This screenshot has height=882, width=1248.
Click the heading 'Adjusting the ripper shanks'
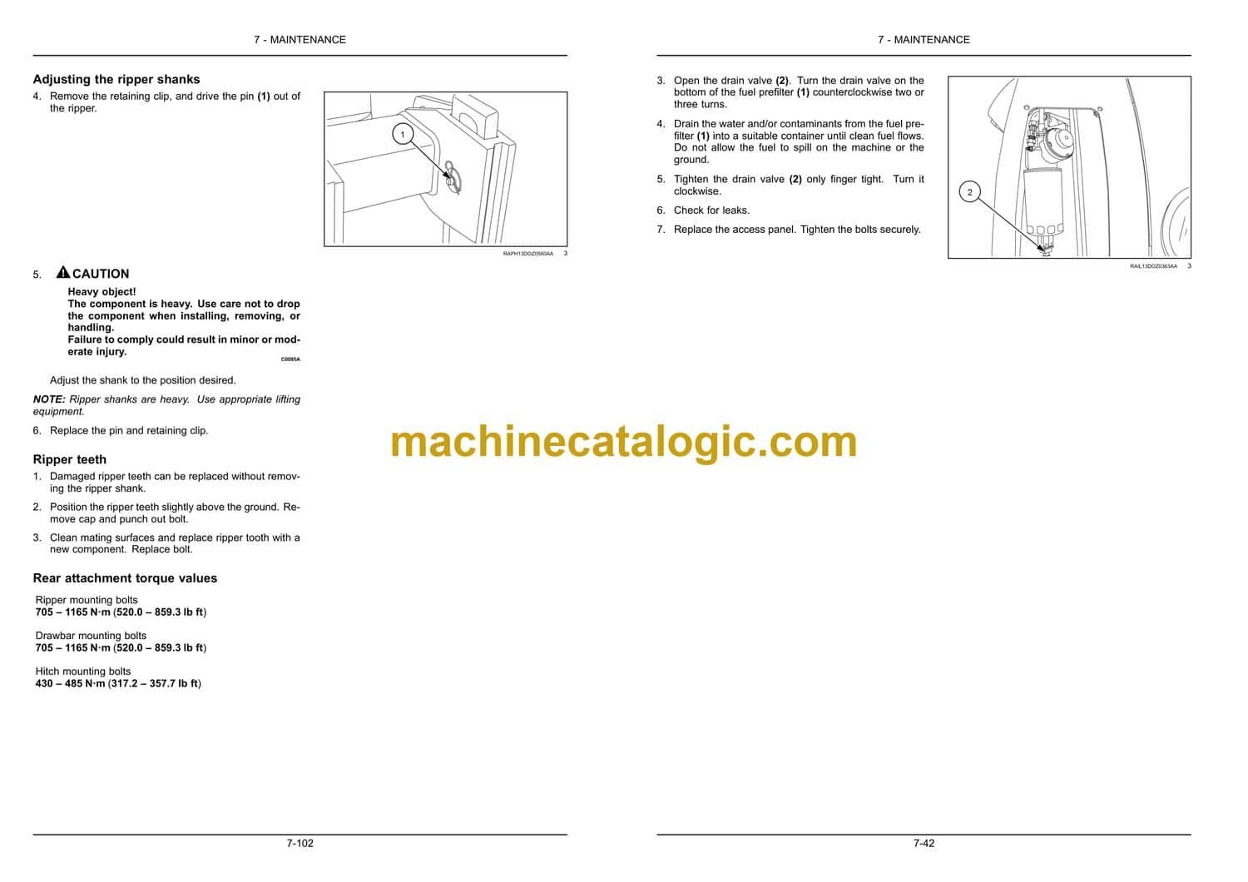tap(116, 79)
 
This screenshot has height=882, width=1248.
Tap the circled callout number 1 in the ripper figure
tap(402, 134)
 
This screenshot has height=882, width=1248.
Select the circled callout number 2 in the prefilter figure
tap(969, 192)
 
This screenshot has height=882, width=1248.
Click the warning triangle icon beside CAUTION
tap(63, 272)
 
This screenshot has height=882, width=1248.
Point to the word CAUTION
tap(101, 274)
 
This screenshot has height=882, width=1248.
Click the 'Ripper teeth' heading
tap(70, 459)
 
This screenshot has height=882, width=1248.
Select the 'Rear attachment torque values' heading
tap(125, 578)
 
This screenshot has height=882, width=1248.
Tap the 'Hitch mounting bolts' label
tap(83, 671)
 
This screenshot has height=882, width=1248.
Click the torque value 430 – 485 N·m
tap(70, 684)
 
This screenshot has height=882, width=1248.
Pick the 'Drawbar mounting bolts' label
tap(91, 636)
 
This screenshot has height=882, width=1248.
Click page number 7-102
tap(300, 844)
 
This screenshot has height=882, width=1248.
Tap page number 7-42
tap(924, 844)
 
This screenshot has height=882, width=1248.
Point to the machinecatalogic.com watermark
tap(623, 442)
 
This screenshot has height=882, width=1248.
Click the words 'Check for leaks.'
tap(711, 210)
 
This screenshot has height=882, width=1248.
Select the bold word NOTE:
tap(49, 399)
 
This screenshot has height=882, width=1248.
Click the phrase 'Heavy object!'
tap(102, 292)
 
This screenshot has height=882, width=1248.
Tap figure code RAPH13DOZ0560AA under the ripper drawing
tap(528, 254)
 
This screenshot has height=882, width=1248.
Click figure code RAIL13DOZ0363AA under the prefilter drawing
tap(1153, 266)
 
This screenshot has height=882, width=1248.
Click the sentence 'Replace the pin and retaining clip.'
tap(129, 431)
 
